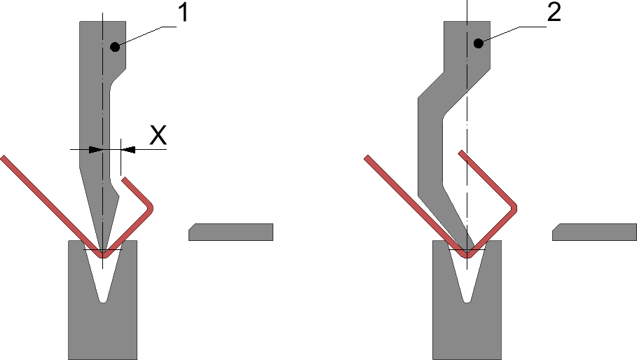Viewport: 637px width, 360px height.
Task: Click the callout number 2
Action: coord(553,15)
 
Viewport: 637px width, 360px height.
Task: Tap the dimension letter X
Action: coord(158,134)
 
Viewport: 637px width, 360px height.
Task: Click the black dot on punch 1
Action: coord(114,46)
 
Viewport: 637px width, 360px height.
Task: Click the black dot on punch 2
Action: coord(479,43)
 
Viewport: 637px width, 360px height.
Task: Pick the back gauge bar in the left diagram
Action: coord(231,232)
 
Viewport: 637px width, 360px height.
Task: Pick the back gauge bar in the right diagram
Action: coord(595,232)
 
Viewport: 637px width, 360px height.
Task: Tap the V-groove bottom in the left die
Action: coord(103,299)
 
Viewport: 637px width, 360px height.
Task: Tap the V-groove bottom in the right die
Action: coord(467,299)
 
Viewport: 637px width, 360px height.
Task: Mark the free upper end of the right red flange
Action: coord(460,151)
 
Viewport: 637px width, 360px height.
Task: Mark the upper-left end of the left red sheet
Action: coord(4,158)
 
